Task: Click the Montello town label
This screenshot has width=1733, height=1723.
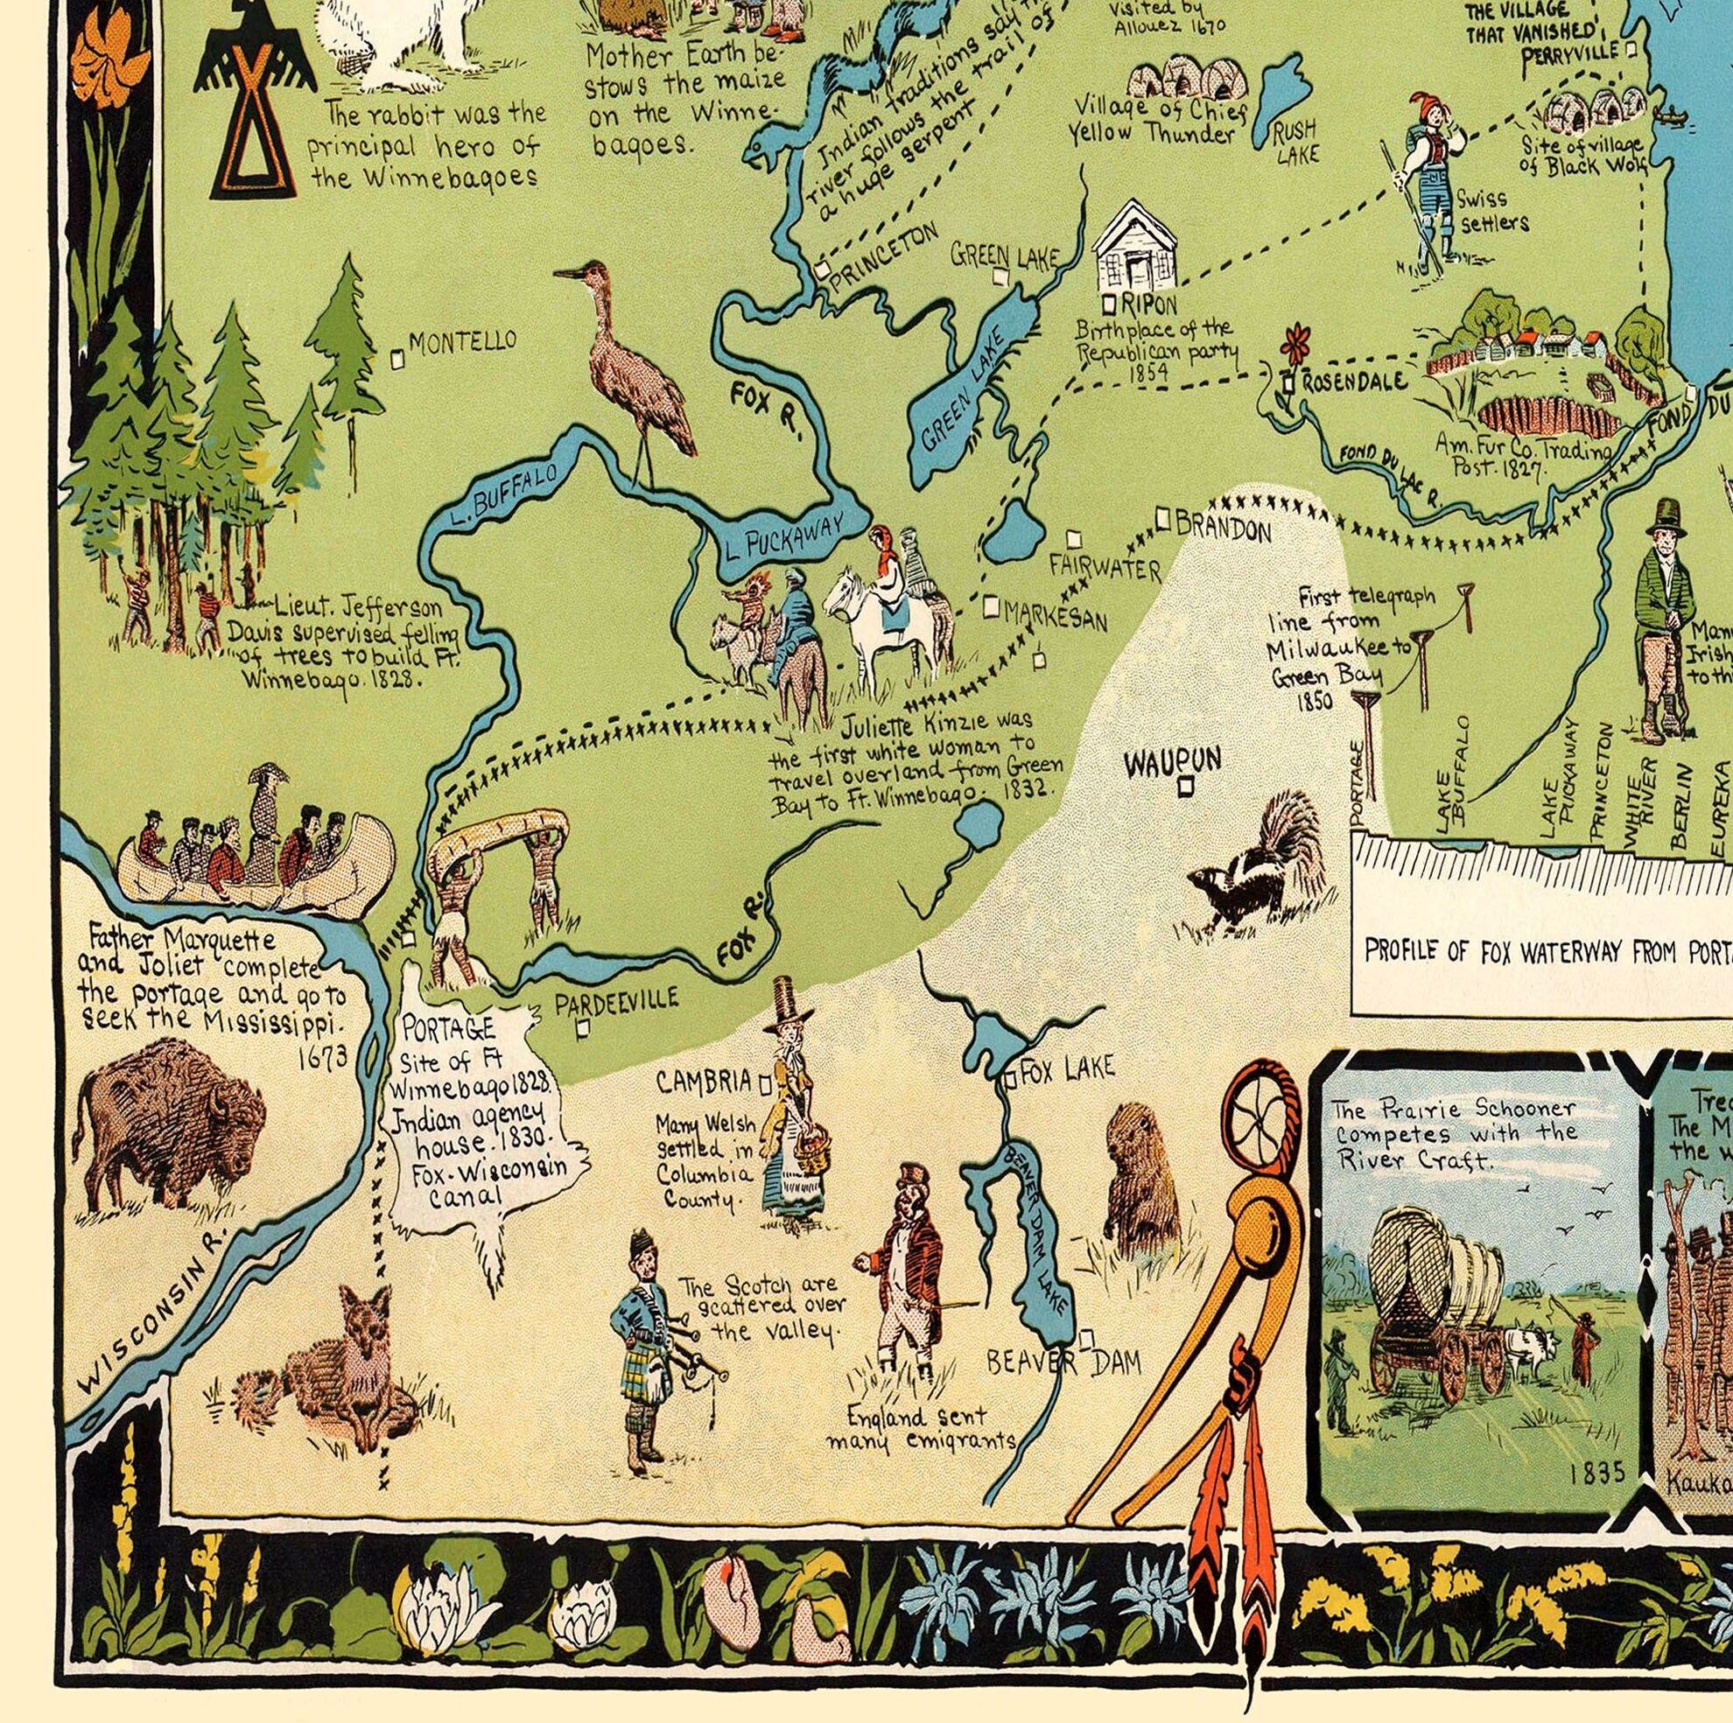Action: [462, 340]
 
